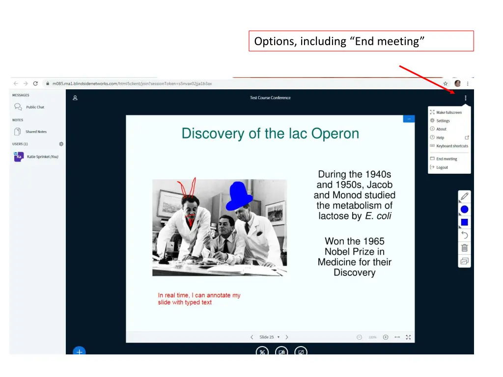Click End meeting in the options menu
pos(446,159)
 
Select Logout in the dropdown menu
pos(442,167)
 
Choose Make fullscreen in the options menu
pos(448,112)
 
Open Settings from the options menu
pos(443,121)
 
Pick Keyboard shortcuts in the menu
pos(452,146)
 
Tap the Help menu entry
pos(440,138)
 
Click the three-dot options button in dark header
pos(465,98)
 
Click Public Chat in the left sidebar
pos(35,107)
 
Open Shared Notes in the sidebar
pos(36,132)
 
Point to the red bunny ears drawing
pos(187,188)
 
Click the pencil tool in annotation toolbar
pos(464,197)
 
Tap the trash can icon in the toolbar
pos(464,248)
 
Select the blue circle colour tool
pos(464,210)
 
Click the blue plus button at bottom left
pos(79,351)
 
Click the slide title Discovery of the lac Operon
pos(270,134)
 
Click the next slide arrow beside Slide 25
pos(287,337)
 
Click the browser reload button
pos(35,83)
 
